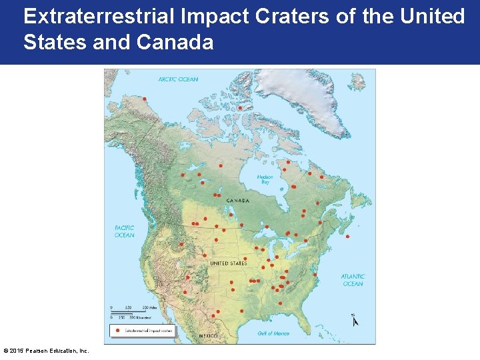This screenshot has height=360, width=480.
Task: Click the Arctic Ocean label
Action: click(x=178, y=79)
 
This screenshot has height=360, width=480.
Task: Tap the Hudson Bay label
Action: click(x=265, y=179)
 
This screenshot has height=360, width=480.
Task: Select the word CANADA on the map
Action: click(x=238, y=201)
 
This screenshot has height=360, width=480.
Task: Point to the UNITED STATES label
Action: click(x=228, y=263)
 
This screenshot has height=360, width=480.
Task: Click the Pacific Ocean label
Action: click(x=124, y=231)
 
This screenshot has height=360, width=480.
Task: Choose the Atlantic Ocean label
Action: click(x=353, y=280)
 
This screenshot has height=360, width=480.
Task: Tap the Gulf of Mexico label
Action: click(x=273, y=333)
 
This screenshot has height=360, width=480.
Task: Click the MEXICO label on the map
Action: click(x=208, y=335)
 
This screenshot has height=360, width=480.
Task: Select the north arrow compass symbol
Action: click(x=355, y=320)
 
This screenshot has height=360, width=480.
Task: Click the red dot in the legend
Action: click(x=117, y=330)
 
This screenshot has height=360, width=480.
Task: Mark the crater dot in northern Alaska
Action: click(x=144, y=99)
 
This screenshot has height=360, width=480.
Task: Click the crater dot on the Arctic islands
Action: click(x=240, y=107)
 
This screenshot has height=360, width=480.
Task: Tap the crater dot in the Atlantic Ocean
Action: click(x=347, y=236)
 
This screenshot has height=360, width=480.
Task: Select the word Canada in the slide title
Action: click(x=175, y=43)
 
